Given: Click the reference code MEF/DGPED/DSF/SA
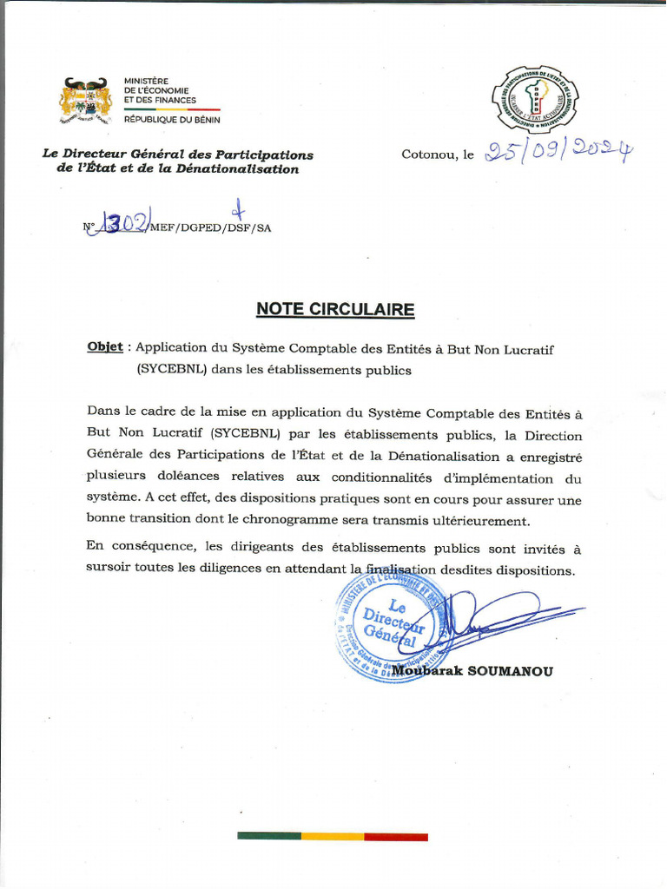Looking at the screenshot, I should [x=210, y=227].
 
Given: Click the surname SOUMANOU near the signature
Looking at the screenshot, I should [x=508, y=670].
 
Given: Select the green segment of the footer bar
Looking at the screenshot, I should [x=269, y=836].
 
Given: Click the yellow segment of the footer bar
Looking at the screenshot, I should [x=333, y=836].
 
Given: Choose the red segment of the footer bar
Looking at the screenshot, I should [x=396, y=836].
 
